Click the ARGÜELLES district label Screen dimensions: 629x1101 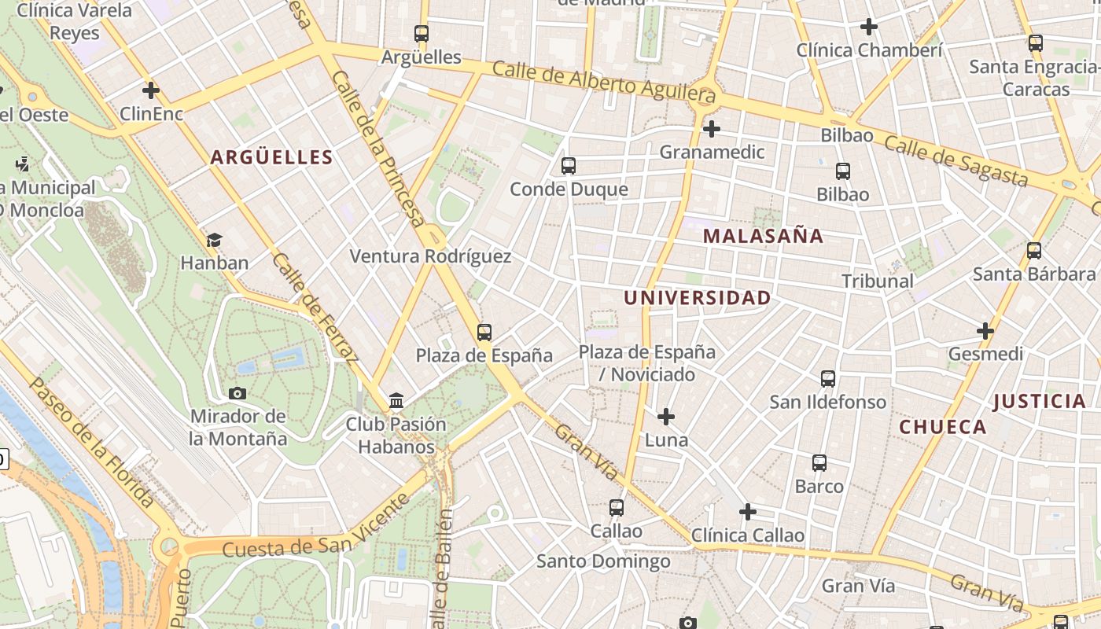coord(271,157)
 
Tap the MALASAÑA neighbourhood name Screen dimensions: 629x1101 coord(763,236)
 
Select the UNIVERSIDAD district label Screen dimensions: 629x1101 coord(697,298)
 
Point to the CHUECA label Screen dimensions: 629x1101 coord(942,427)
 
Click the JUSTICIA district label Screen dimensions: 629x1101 coord(1039,402)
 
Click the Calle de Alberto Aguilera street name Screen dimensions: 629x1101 coord(604,81)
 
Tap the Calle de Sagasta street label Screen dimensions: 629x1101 coord(956,160)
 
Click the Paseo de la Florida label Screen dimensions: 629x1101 coord(92,442)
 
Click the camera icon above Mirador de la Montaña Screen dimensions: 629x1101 coord(238,393)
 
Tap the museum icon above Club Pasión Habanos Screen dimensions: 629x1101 coord(396,402)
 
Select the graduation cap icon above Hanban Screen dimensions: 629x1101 coord(214,240)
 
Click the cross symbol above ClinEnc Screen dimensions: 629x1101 coord(151,90)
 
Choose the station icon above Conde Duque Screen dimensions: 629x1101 coord(569,166)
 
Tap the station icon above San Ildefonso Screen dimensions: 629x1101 coord(828,379)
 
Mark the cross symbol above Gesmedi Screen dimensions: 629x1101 coord(985,331)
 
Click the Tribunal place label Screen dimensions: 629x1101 coord(877,281)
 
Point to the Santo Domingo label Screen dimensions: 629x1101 coord(603,561)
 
